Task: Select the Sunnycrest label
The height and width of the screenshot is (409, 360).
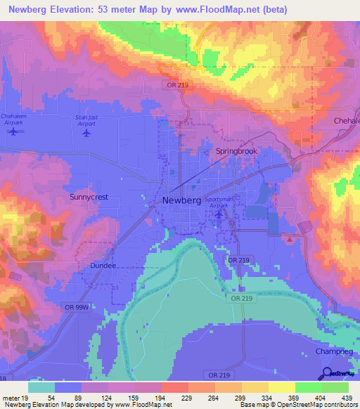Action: click(89, 197)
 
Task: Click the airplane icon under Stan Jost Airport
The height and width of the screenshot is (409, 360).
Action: click(87, 132)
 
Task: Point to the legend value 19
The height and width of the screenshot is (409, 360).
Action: click(25, 398)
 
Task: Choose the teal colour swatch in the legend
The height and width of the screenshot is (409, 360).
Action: click(41, 388)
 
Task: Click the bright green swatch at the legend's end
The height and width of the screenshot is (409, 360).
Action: click(335, 388)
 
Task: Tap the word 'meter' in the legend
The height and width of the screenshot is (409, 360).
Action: click(11, 398)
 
